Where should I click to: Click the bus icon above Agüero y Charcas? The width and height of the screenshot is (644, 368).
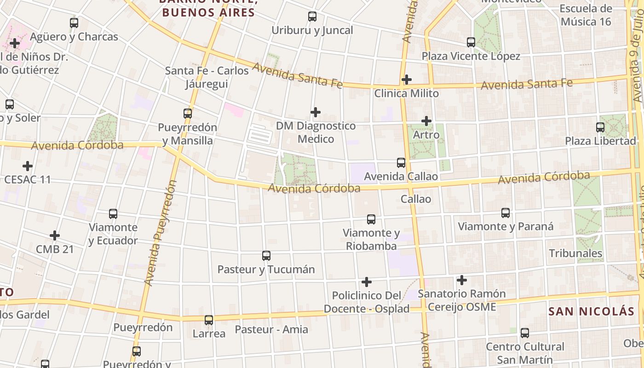click(74, 23)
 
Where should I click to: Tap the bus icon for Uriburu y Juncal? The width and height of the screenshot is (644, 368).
click(312, 17)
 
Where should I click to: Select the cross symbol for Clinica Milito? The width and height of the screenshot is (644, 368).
click(406, 80)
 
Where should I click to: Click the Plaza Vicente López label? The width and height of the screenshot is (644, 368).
click(471, 56)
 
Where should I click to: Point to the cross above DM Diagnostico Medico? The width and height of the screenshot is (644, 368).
click(315, 112)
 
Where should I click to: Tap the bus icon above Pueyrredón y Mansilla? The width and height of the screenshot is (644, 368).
click(187, 113)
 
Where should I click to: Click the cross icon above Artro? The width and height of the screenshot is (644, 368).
click(426, 121)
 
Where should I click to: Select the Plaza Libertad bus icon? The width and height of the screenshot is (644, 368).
click(600, 127)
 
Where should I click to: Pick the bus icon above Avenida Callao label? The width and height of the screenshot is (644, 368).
click(401, 162)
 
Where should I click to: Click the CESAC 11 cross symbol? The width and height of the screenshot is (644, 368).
click(28, 166)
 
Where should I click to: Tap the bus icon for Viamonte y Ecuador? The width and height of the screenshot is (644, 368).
click(113, 213)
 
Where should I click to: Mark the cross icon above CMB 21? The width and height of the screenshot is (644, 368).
click(55, 236)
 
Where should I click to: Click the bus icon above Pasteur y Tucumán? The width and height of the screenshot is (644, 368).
click(266, 255)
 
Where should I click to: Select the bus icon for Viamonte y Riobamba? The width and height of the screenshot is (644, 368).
click(371, 219)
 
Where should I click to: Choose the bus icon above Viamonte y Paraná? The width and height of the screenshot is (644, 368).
click(506, 213)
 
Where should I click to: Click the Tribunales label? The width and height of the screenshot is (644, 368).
click(575, 253)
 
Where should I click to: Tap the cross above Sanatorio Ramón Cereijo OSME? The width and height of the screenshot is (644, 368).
click(461, 280)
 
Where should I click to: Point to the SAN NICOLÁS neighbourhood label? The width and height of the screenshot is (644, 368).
click(591, 311)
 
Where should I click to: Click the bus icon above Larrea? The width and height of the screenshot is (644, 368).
click(209, 320)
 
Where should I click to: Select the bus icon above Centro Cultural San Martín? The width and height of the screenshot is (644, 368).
click(525, 333)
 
